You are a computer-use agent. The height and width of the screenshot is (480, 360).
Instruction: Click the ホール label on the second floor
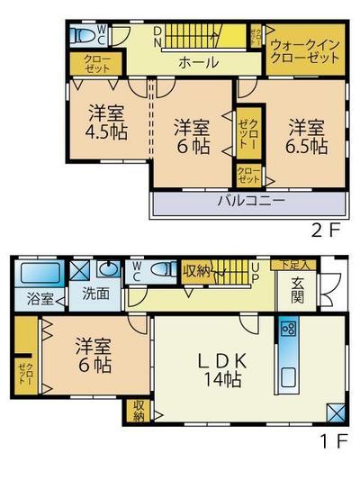tap(196, 62)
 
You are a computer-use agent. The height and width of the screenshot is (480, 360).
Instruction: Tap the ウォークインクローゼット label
tap(305, 48)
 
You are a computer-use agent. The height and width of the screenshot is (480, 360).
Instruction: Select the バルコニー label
tap(250, 200)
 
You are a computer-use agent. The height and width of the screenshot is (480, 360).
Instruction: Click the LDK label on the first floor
tap(220, 358)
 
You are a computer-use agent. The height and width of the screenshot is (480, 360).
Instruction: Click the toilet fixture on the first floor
tap(163, 268)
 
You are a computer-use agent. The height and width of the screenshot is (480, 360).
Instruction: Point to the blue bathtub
tap(39, 271)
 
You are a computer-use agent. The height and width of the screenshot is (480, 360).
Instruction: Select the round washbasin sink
tap(109, 269)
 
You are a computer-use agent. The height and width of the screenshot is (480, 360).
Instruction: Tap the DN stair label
tap(157, 36)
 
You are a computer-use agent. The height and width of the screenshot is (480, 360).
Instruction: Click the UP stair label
tap(256, 269)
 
